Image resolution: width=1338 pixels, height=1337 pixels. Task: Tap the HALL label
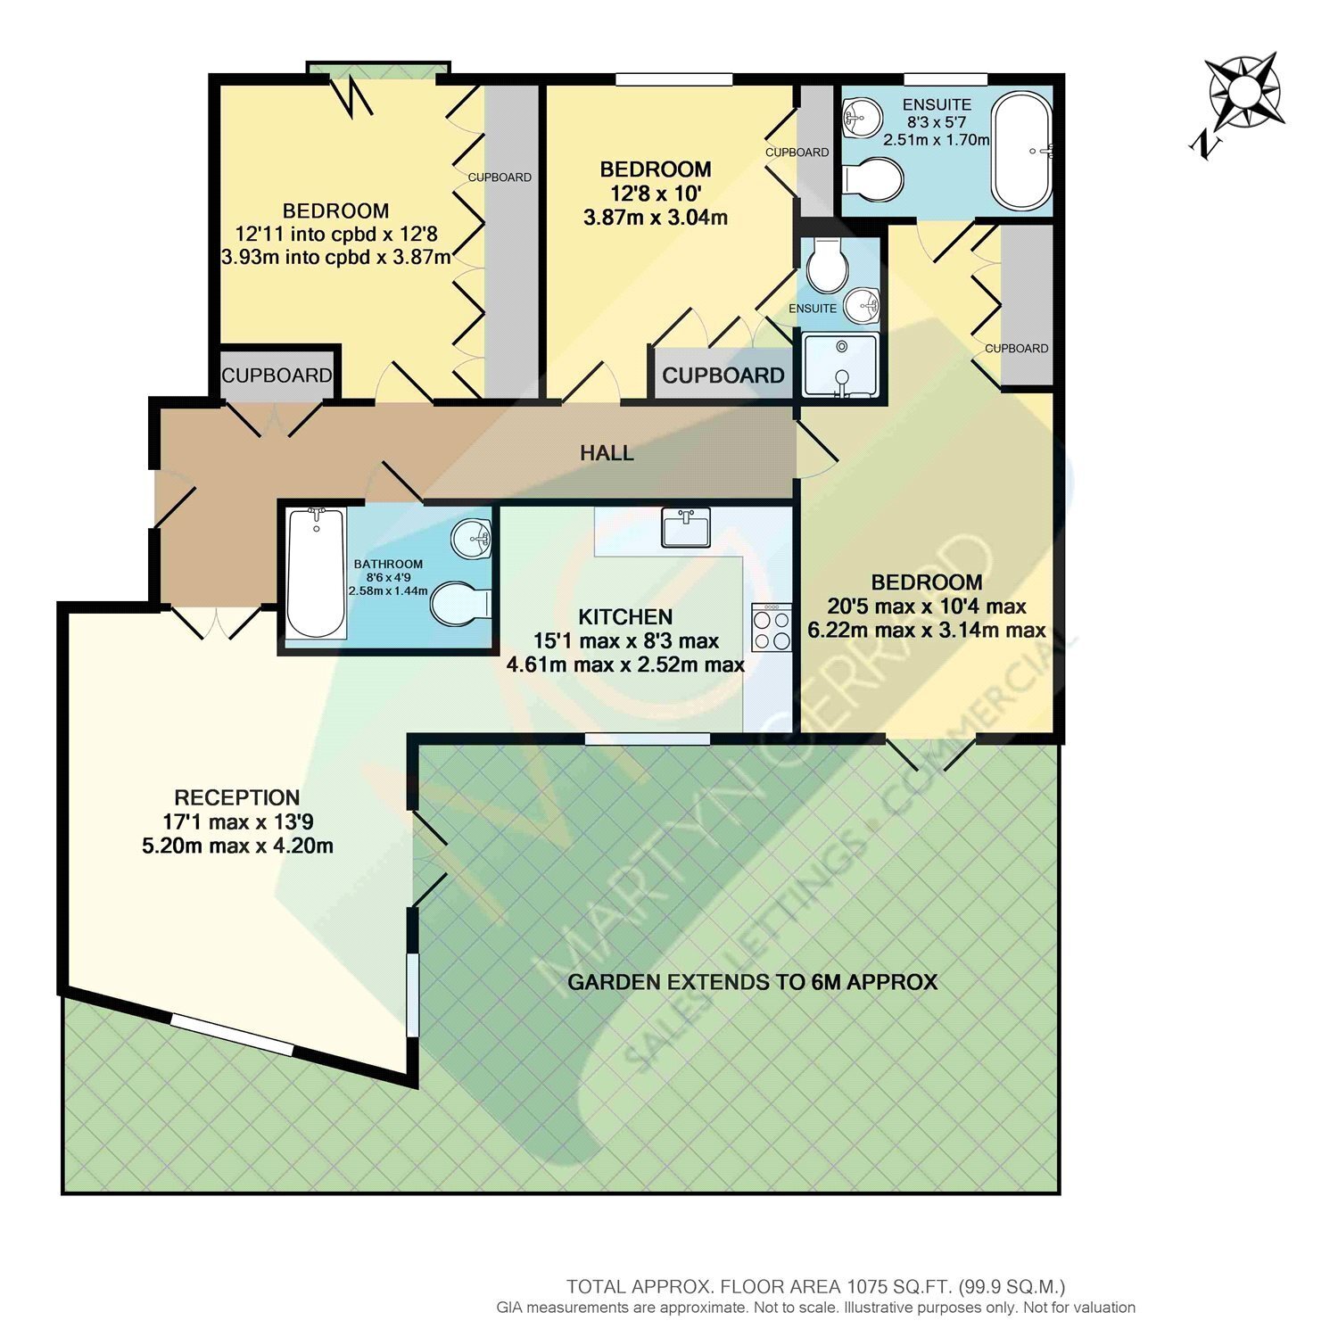point(607,453)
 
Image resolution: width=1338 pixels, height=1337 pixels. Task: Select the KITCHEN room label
point(625,616)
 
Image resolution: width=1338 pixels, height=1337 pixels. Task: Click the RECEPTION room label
point(237,797)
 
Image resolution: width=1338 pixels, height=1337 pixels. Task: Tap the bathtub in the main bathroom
point(317,572)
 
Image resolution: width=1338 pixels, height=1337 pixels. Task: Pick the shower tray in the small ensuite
point(839,365)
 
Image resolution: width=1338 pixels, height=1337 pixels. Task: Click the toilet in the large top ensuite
point(873,179)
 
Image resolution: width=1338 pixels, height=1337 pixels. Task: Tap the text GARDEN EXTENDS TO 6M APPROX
point(753,982)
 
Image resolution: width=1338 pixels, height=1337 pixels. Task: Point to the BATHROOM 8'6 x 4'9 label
point(388,577)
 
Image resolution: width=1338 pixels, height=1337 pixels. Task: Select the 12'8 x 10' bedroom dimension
point(656,193)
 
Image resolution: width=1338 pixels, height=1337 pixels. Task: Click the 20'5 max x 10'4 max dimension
point(927,607)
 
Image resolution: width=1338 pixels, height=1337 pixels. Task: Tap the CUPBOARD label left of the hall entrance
point(277,376)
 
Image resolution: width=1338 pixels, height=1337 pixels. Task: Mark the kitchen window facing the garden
point(648,739)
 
